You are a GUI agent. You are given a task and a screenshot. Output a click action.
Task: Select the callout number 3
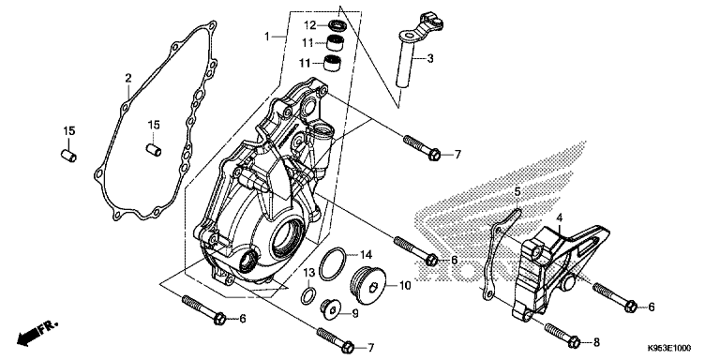pos(429,59)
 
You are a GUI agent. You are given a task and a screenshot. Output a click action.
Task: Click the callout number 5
pos(515,192)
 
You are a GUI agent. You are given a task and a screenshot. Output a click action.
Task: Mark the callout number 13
pos(307,271)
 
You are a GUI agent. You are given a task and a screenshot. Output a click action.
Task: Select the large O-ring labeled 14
pos(330,264)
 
